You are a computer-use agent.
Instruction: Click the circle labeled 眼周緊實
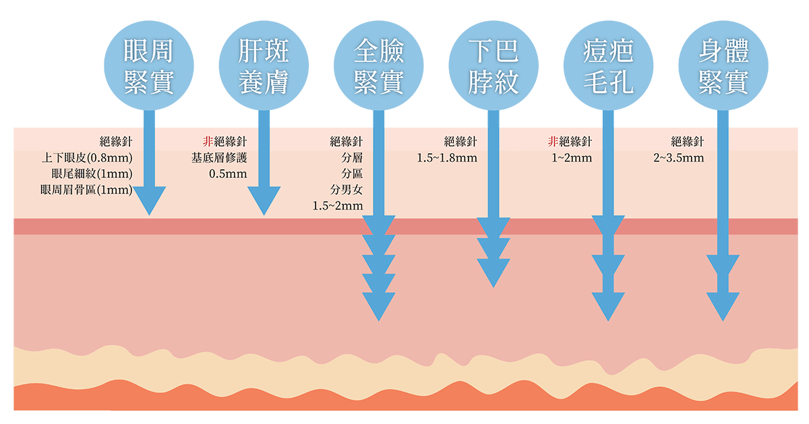149,65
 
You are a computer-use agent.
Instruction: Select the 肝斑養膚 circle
264,65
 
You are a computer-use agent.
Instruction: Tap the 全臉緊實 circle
378,65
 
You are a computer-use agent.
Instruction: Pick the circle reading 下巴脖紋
493,65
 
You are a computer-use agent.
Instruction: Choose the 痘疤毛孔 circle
608,65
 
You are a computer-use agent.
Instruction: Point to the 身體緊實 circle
723,65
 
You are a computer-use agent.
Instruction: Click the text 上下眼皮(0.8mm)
88,158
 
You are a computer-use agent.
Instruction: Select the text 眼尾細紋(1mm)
92,174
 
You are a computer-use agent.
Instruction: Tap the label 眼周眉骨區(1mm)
86,189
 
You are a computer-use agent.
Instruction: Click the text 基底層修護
219,158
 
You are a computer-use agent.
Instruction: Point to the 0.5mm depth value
229,174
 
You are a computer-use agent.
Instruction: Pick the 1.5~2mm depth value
338,206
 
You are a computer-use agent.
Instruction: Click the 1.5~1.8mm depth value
447,158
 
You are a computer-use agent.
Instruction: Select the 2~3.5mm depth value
679,158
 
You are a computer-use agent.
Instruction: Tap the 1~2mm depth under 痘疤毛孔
572,158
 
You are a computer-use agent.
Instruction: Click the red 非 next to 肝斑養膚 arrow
208,141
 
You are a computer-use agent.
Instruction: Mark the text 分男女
347,189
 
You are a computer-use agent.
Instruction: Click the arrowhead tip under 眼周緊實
149,215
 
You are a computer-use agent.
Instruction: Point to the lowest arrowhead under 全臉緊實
378,307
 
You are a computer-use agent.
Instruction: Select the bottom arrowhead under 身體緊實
723,307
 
